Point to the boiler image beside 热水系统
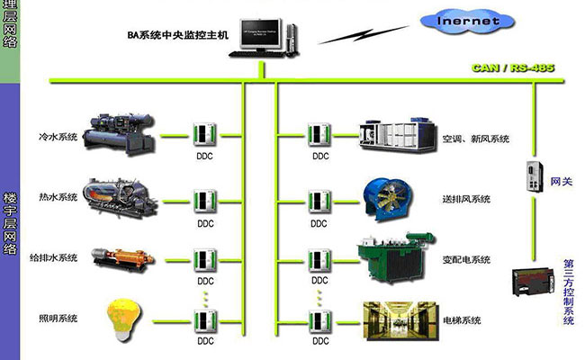(118, 195)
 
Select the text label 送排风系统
(467, 199)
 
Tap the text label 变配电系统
(467, 260)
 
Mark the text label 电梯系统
(463, 320)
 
